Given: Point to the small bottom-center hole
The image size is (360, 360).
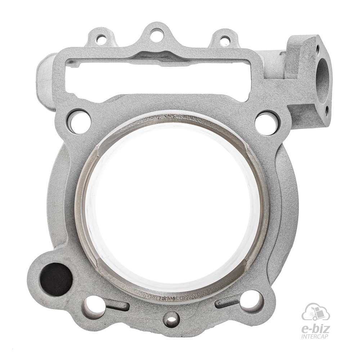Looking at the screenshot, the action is [172, 319].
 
